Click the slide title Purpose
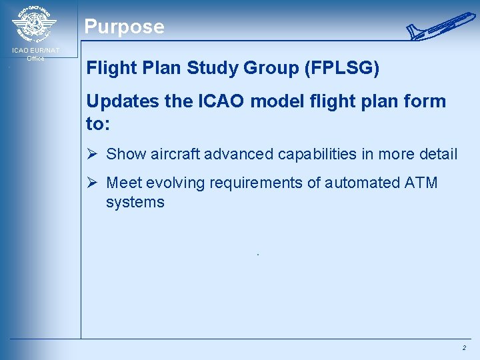(124, 27)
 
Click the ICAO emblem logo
(34, 25)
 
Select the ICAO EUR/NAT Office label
(35, 54)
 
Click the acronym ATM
(420, 183)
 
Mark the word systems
(135, 202)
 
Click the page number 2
(463, 348)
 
